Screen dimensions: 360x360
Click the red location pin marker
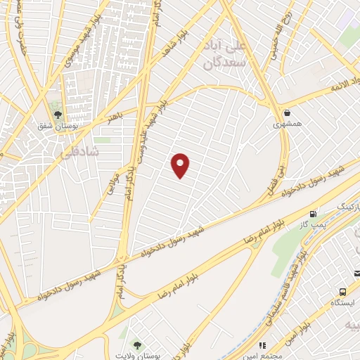[x=181, y=165]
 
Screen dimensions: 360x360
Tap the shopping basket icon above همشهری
[x=287, y=112]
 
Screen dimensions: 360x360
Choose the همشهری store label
[x=287, y=124]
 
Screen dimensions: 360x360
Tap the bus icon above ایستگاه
[x=342, y=291]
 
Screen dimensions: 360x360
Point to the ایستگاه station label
[x=345, y=302]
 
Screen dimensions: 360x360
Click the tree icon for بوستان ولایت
[x=137, y=345]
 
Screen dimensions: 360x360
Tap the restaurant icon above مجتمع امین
[x=262, y=345]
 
